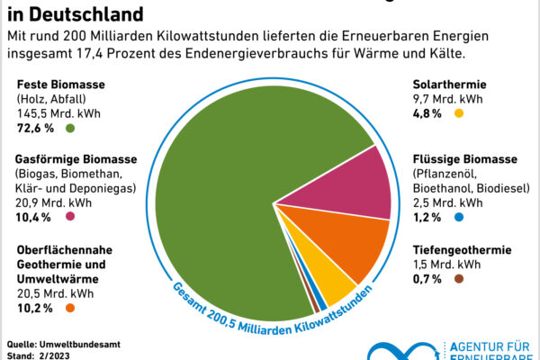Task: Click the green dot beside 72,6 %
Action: (x=69, y=129)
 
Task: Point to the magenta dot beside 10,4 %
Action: (x=69, y=217)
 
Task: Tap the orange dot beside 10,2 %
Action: (x=69, y=308)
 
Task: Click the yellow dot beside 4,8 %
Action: (x=458, y=113)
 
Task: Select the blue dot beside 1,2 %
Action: (x=458, y=217)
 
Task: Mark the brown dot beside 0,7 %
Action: (x=458, y=279)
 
